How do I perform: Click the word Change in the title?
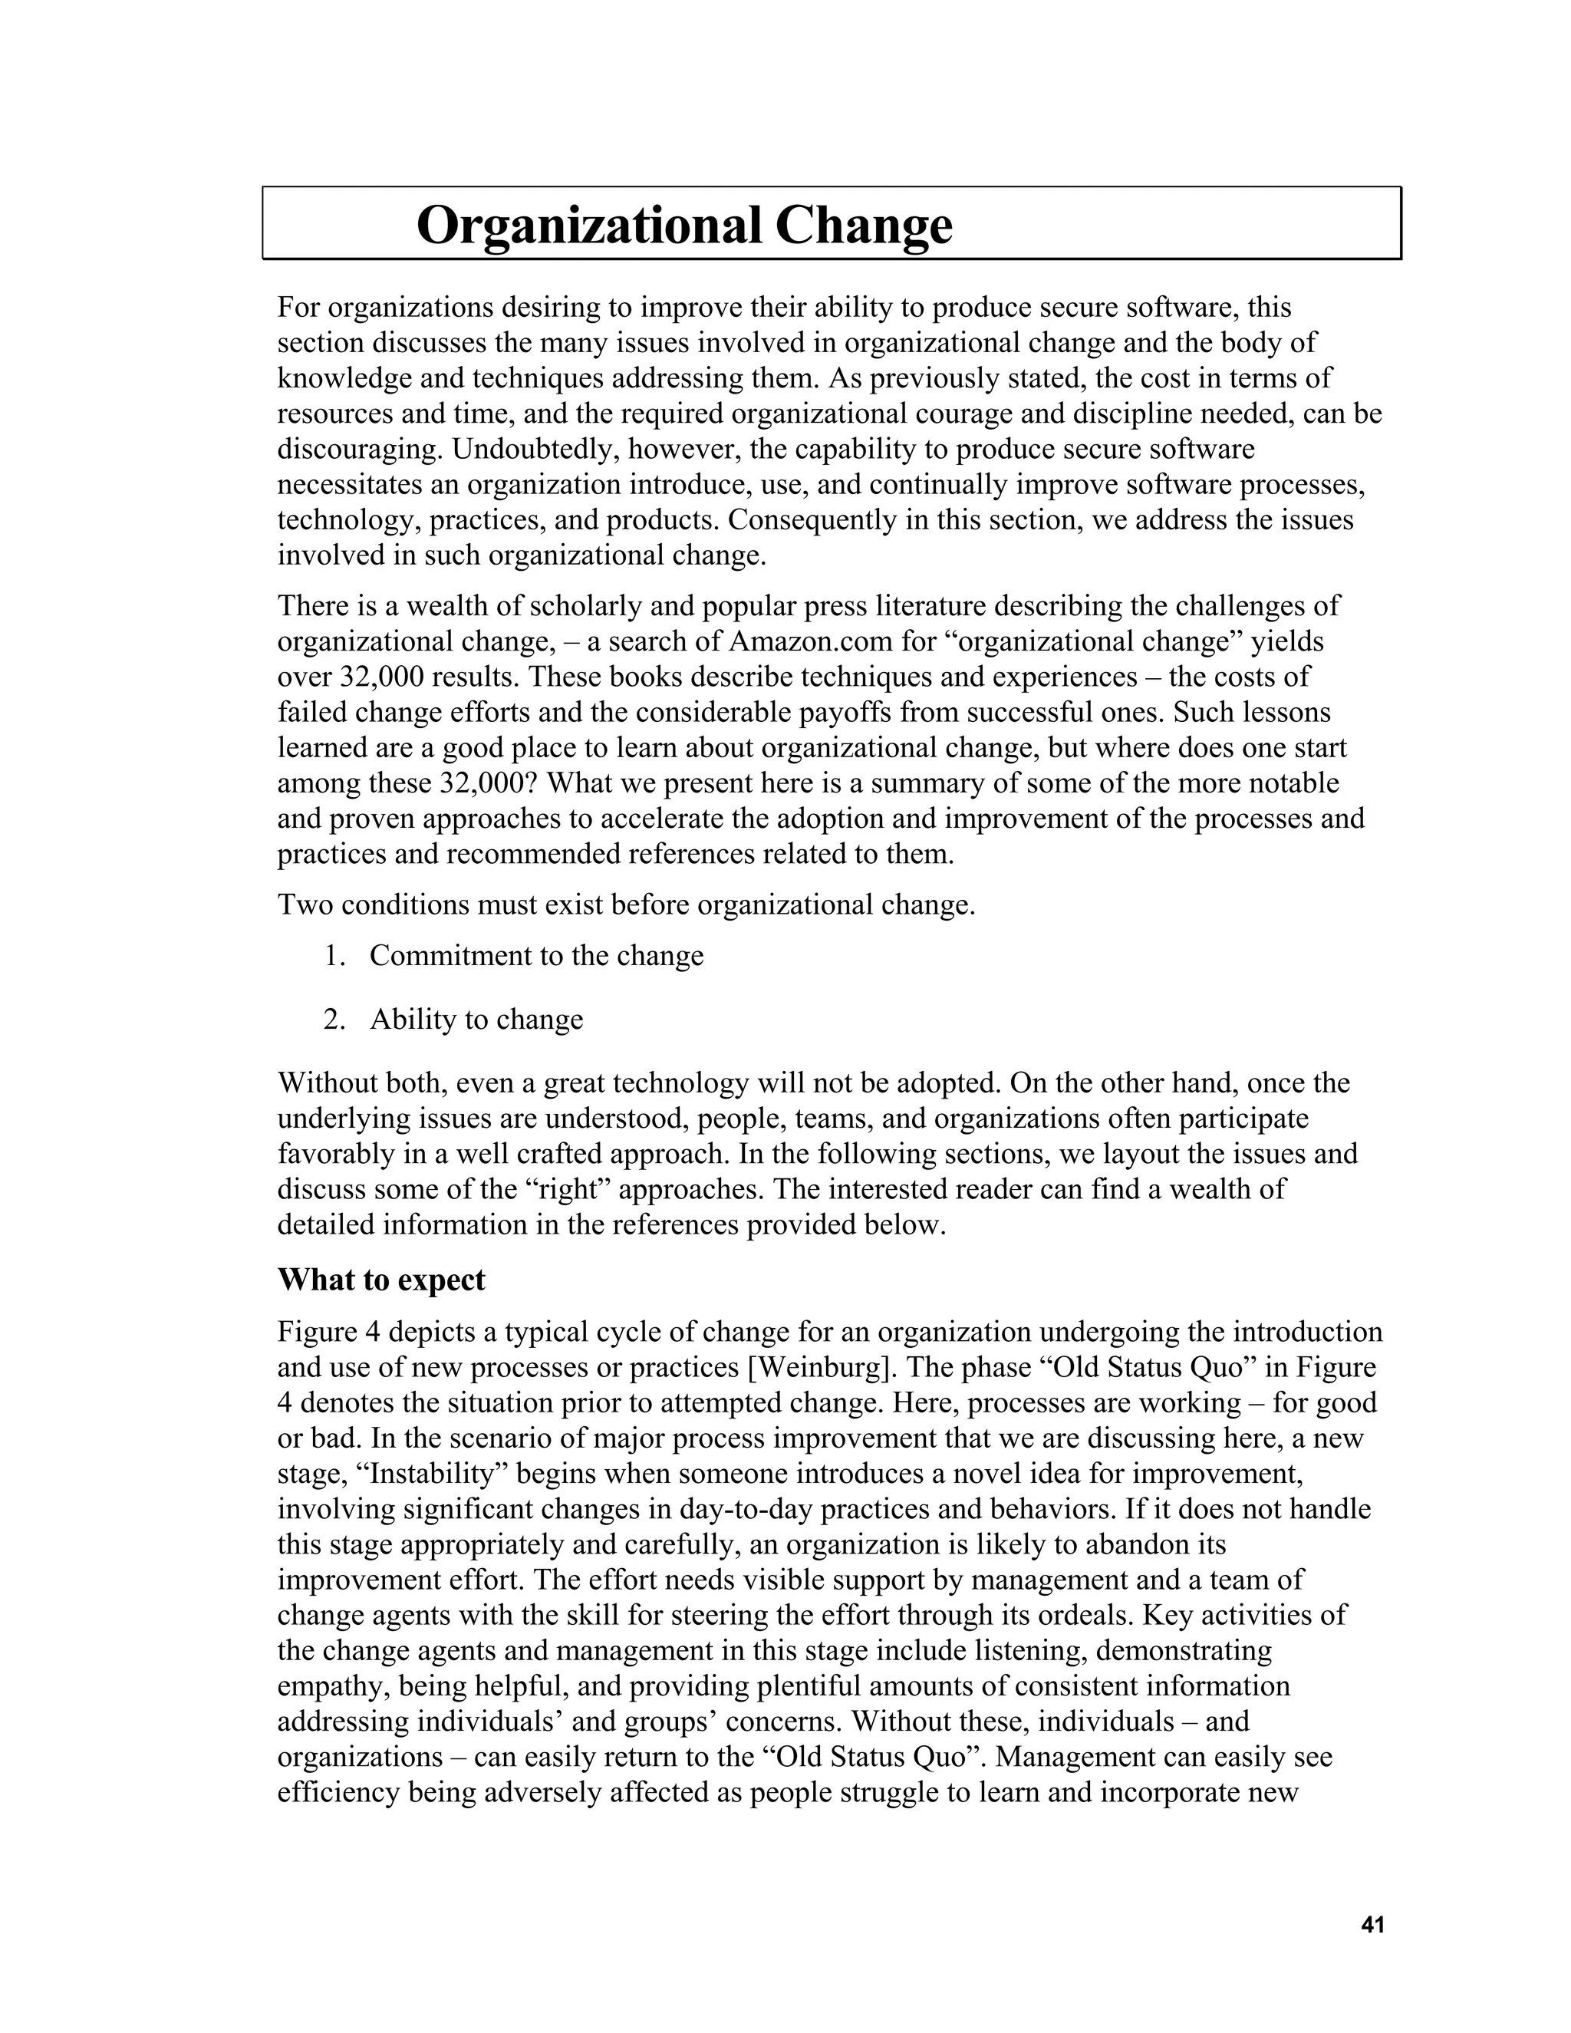pos(864,226)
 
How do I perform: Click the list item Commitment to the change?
pos(536,956)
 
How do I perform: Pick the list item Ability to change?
pos(476,1020)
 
